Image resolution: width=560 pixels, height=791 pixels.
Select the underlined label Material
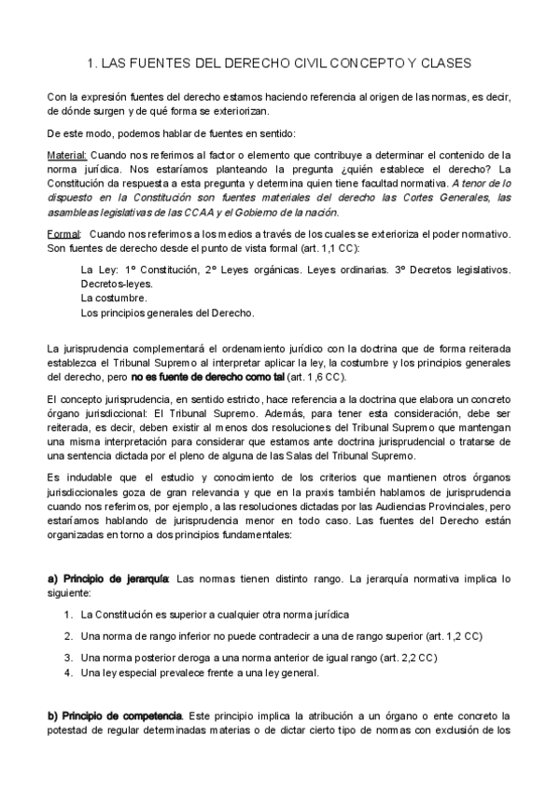pyautogui.click(x=66, y=155)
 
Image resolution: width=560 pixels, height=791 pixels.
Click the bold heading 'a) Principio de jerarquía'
pyautogui.click(x=107, y=579)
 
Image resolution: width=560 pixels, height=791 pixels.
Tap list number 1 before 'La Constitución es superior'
pyautogui.click(x=68, y=616)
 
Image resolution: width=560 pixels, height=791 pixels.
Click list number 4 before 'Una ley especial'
pyautogui.click(x=68, y=672)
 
